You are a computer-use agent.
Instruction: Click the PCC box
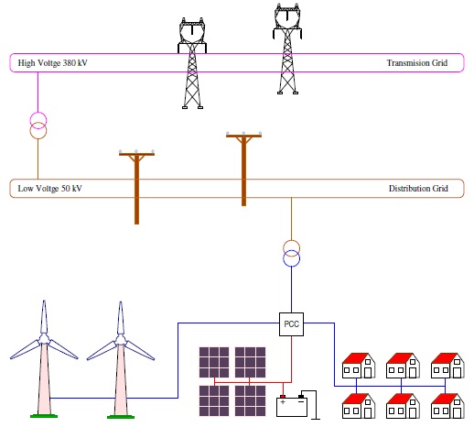pyautogui.click(x=291, y=323)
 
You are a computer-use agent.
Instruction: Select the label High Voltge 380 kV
pyautogui.click(x=52, y=62)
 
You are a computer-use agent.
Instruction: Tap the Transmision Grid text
pyautogui.click(x=417, y=62)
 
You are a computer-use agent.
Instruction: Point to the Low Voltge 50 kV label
pyautogui.click(x=50, y=189)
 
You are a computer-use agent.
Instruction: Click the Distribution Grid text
pyautogui.click(x=418, y=189)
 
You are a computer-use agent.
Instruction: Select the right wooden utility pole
pyautogui.click(x=243, y=170)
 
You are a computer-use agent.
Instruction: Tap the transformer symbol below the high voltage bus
pyautogui.click(x=38, y=126)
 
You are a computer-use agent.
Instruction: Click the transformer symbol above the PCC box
pyautogui.click(x=291, y=253)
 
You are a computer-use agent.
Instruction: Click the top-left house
pyautogui.click(x=358, y=364)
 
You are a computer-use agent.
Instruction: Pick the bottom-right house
pyautogui.click(x=446, y=404)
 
